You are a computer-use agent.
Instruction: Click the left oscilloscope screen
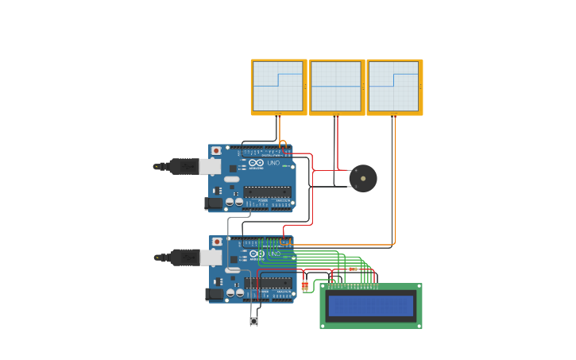pos(278,87)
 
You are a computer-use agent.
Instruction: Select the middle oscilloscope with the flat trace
pos(336,87)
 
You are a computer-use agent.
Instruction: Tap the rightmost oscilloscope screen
pos(394,87)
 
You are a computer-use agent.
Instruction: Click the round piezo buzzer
pos(363,178)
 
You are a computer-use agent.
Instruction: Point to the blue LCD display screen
pos(371,305)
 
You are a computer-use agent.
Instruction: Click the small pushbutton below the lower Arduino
pos(254,321)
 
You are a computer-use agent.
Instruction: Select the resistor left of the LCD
pos(304,285)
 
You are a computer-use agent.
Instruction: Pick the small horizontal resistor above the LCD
pos(354,269)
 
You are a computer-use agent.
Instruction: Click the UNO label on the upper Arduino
pos(275,163)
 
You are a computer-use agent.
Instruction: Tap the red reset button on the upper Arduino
pos(215,151)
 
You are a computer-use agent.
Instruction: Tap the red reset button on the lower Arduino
pos(215,242)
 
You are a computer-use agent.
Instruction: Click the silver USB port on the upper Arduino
pos(210,166)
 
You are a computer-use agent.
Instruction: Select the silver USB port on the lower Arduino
pos(211,257)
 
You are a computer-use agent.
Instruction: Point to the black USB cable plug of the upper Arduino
pos(183,166)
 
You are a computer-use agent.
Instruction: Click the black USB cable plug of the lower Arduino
pos(184,257)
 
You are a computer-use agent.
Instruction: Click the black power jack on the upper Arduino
pos(213,203)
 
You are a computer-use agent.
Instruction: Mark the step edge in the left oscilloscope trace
pos(278,80)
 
